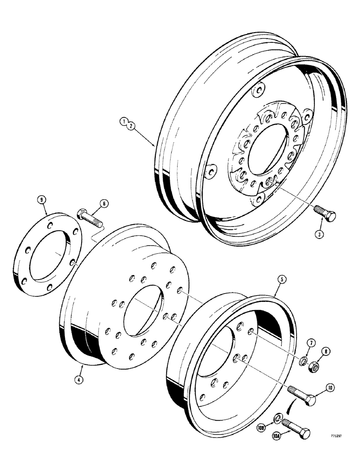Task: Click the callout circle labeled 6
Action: coord(104,203)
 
